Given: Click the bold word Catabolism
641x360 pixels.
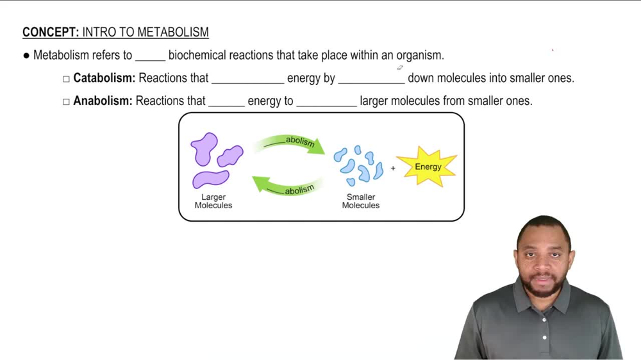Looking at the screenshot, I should (x=104, y=78).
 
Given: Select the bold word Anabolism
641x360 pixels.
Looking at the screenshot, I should (x=103, y=101).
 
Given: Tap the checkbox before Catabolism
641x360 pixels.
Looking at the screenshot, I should (x=66, y=79).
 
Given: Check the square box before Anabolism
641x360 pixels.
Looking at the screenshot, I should (x=66, y=101).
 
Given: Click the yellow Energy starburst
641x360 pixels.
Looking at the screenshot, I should (x=428, y=167).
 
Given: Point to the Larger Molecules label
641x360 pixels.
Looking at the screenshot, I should (x=213, y=201).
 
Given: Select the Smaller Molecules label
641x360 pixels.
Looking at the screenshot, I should (x=360, y=201).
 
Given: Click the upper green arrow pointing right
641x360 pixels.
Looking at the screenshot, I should (x=292, y=143).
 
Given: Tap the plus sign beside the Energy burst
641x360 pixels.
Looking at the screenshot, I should (x=393, y=168).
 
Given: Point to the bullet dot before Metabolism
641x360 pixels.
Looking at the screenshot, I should (x=26, y=56).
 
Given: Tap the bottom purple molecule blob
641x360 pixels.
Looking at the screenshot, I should (x=210, y=179).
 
